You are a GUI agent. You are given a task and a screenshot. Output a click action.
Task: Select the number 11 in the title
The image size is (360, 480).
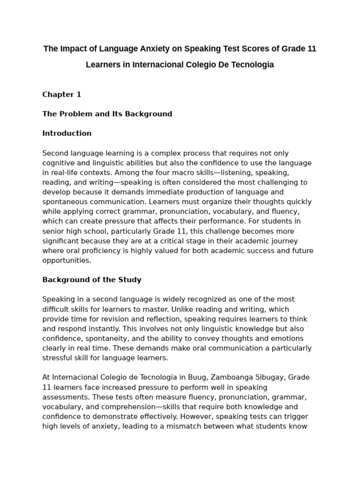[x=311, y=49]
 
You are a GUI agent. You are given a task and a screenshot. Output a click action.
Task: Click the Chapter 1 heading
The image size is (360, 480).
[x=62, y=94]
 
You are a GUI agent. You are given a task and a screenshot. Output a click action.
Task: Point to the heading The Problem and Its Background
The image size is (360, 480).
[x=107, y=114]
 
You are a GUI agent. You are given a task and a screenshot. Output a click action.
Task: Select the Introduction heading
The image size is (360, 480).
[x=67, y=133]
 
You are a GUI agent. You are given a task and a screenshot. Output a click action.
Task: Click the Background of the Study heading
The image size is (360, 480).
[x=92, y=280]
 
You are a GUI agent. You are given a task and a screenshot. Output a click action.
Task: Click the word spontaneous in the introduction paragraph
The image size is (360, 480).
[x=64, y=202]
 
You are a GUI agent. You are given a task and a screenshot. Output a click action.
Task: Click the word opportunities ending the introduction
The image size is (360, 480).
[x=66, y=261]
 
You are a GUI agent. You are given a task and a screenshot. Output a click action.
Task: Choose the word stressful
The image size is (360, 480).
[x=59, y=358]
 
